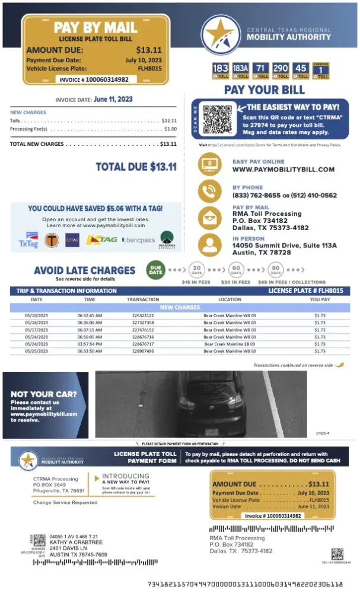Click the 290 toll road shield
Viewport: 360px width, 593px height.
coord(281,71)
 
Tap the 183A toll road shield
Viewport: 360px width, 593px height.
coord(240,71)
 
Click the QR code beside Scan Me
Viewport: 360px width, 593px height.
coord(216,119)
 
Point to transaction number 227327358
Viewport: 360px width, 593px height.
coord(143,323)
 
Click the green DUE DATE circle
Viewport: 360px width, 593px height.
coord(155,270)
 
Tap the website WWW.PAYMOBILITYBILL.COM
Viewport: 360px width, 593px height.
coord(283,170)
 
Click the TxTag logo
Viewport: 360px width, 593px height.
coord(28,239)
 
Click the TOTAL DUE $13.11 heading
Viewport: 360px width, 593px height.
coord(136,167)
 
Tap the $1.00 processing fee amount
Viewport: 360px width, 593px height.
coord(170,129)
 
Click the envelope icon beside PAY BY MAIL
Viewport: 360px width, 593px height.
coord(211,217)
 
